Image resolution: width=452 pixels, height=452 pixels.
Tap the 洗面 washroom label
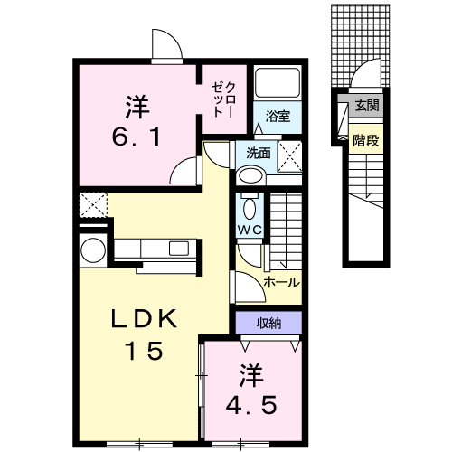(249, 152)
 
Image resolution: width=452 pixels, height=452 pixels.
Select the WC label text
(250, 230)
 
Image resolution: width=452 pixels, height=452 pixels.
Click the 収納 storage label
(267, 322)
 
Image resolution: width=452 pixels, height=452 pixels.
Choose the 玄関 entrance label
(366, 106)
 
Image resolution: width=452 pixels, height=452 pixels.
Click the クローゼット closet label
(221, 95)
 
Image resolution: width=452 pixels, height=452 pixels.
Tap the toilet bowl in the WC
(250, 205)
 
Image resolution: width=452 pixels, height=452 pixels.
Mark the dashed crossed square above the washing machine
(92, 203)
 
